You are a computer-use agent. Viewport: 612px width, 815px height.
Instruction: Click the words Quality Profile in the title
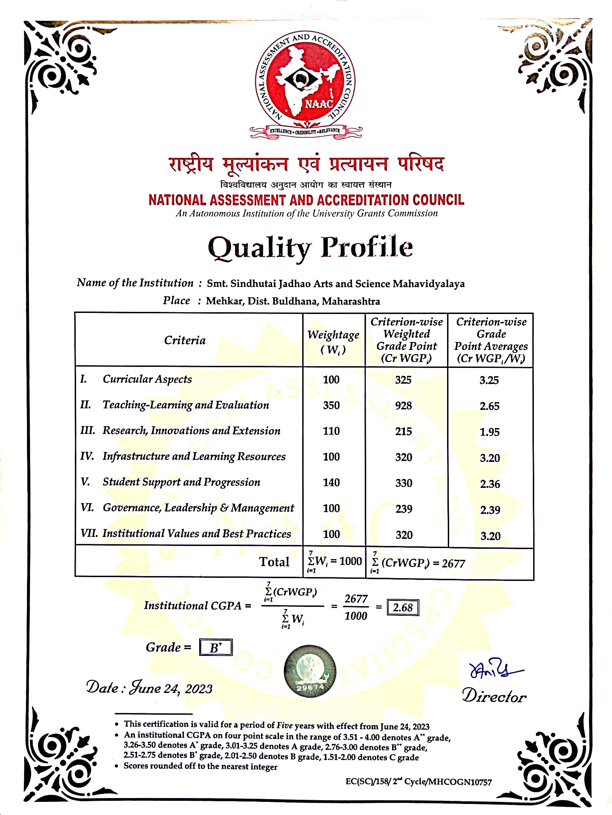310,248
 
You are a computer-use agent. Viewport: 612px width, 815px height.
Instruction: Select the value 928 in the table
403,406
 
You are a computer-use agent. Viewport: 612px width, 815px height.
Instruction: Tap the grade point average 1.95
489,432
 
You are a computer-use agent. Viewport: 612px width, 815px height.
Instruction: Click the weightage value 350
331,405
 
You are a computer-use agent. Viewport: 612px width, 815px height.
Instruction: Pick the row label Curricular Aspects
147,379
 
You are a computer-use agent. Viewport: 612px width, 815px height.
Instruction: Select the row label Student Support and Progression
181,482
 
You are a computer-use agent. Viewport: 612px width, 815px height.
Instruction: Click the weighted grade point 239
404,509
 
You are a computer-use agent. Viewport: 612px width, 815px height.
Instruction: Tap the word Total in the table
274,562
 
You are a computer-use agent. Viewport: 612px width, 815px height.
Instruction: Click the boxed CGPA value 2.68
402,608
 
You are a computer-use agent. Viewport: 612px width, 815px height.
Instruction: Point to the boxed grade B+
215,647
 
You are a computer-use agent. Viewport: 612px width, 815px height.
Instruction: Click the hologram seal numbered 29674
309,671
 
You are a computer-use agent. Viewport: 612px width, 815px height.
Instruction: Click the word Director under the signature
494,696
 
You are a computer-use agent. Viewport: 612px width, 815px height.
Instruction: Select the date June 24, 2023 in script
170,688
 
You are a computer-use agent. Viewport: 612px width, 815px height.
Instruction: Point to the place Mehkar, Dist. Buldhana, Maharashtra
293,302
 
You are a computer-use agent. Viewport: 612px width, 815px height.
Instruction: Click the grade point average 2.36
490,484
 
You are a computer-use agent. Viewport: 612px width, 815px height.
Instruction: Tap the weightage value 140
331,482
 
